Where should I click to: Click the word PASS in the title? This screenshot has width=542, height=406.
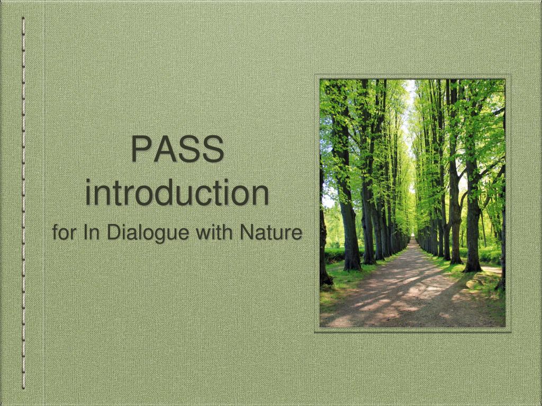[177, 150]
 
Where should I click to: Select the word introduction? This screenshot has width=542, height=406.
[177, 193]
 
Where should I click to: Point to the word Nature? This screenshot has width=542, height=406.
[271, 232]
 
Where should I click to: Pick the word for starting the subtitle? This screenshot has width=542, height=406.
[65, 232]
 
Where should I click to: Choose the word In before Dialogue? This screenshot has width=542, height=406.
[91, 232]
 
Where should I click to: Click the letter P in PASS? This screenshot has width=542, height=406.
[141, 150]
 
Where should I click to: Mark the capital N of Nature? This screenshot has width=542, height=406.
[247, 232]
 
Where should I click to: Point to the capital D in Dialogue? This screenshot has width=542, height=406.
[114, 232]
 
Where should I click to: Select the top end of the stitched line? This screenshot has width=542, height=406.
[23, 19]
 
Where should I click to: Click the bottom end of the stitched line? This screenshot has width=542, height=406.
[23, 387]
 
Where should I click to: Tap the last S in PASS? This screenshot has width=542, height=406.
[212, 150]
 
